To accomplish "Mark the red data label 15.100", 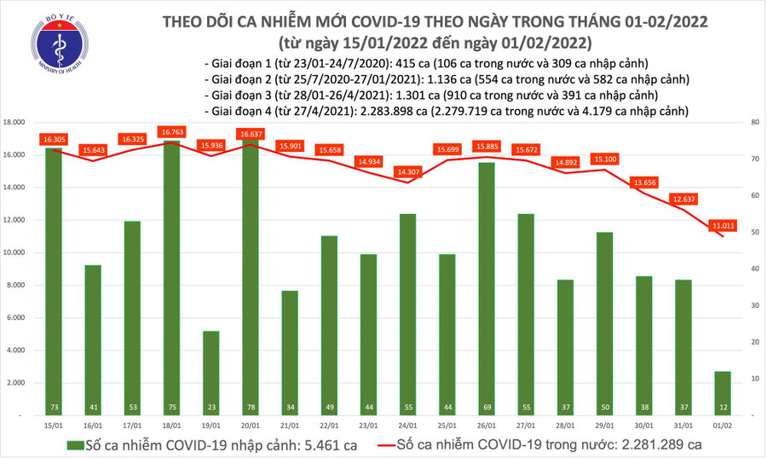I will point(605,159).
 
